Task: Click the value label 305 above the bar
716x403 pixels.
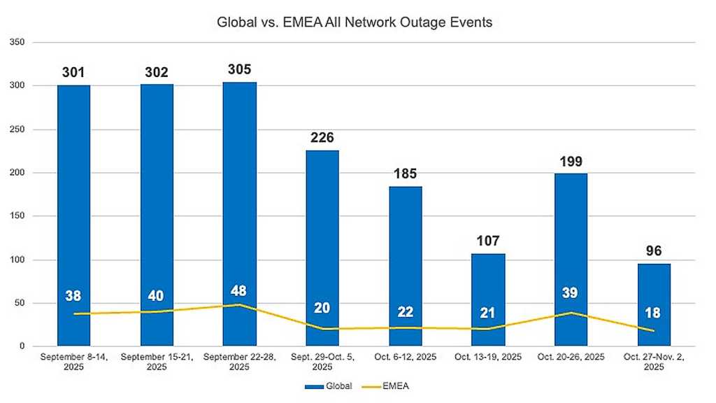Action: point(239,69)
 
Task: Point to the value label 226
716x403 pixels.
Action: point(322,138)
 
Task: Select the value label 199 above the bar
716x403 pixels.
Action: point(571,162)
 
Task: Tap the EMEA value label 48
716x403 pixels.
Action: point(239,291)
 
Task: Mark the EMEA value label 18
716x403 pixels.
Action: point(654,312)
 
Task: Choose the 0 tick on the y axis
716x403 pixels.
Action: point(23,346)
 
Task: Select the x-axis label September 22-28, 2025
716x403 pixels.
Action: point(239,361)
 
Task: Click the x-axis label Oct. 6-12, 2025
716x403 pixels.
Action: point(405,357)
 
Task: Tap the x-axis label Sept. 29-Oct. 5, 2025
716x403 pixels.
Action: point(322,361)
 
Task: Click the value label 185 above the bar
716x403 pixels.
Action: point(405,173)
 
